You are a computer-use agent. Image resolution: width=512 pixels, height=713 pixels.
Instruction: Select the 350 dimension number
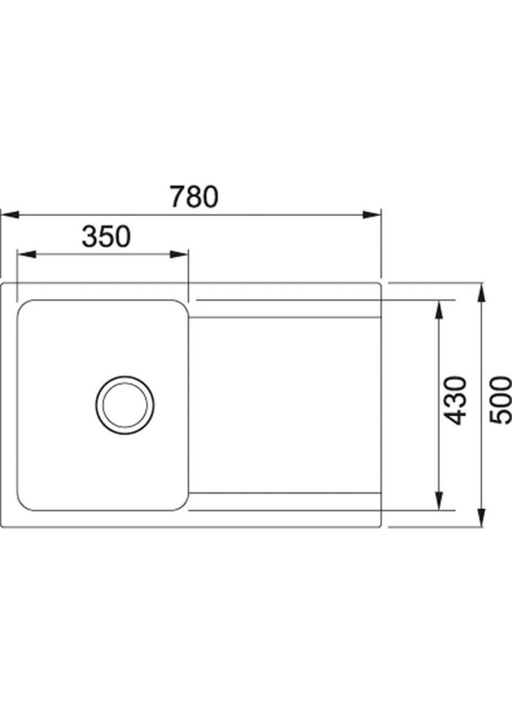(x=106, y=237)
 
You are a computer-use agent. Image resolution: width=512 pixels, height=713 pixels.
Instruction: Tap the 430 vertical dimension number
(x=456, y=400)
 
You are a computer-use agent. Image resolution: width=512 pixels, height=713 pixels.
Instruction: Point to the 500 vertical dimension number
(x=500, y=400)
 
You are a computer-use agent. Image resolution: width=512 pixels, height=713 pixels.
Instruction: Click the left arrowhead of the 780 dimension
(x=7, y=214)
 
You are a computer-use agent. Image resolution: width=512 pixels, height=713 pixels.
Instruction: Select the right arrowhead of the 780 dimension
(x=376, y=214)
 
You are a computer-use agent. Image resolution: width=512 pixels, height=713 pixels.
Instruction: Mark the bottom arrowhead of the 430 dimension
(x=439, y=503)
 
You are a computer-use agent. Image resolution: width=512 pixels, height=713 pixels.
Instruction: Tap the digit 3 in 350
(x=89, y=237)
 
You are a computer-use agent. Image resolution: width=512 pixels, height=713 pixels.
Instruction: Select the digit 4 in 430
(x=456, y=416)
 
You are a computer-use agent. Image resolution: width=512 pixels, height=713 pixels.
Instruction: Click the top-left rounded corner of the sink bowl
(x=23, y=306)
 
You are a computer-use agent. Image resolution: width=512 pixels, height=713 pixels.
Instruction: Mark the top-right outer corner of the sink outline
(x=381, y=284)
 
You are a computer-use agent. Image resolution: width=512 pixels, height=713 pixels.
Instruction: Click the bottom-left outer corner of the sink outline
(x=2, y=526)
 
